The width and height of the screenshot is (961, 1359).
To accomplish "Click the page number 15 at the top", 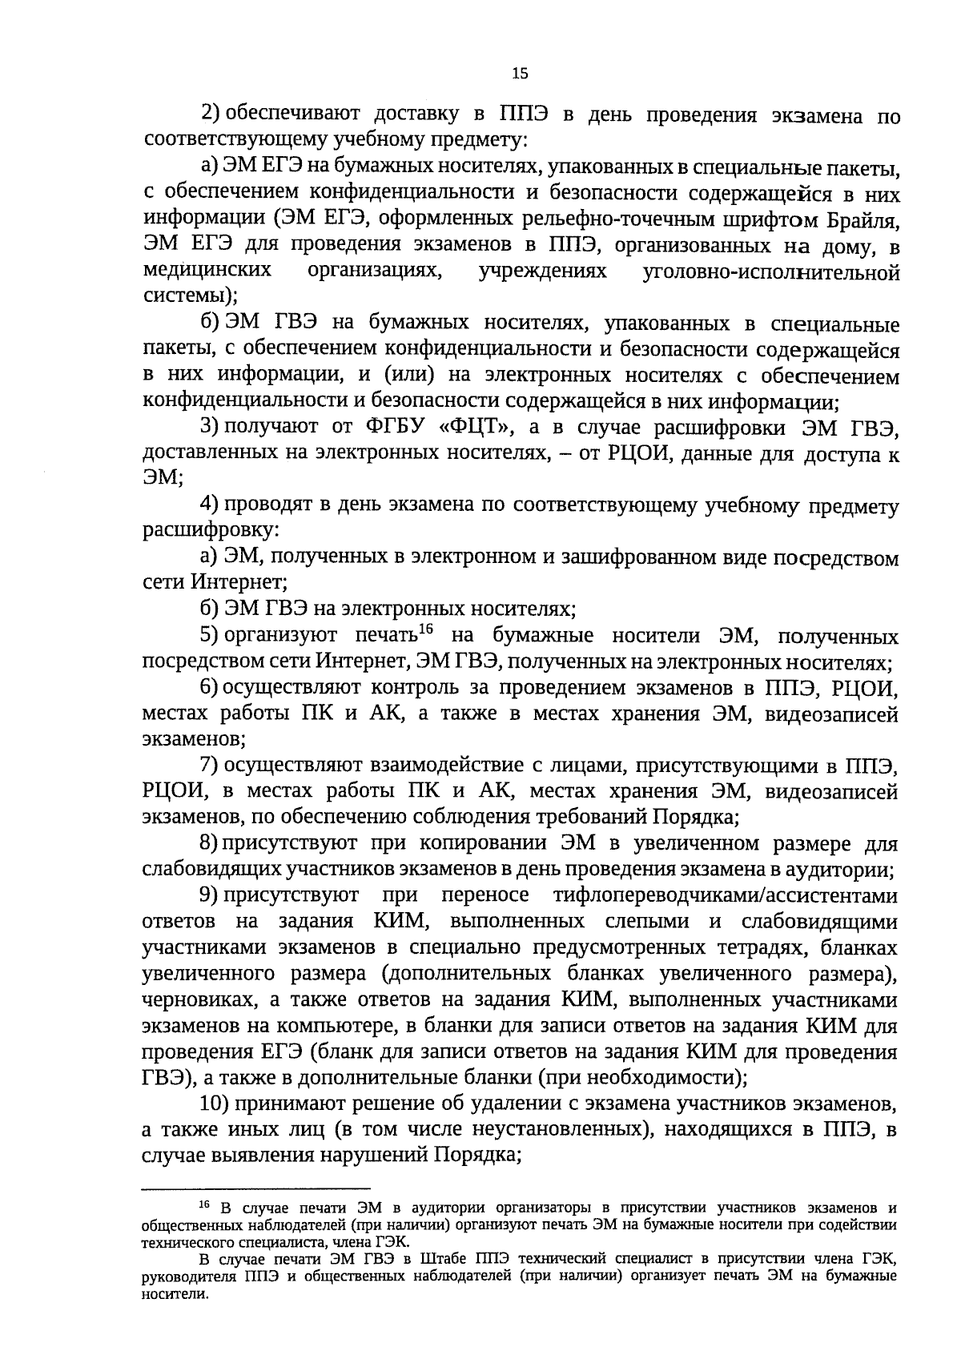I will [519, 74].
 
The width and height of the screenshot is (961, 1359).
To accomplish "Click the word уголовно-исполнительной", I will [771, 272].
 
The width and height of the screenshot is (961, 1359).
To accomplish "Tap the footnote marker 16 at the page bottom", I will [204, 1205].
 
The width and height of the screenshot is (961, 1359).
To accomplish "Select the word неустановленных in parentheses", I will [560, 1130].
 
